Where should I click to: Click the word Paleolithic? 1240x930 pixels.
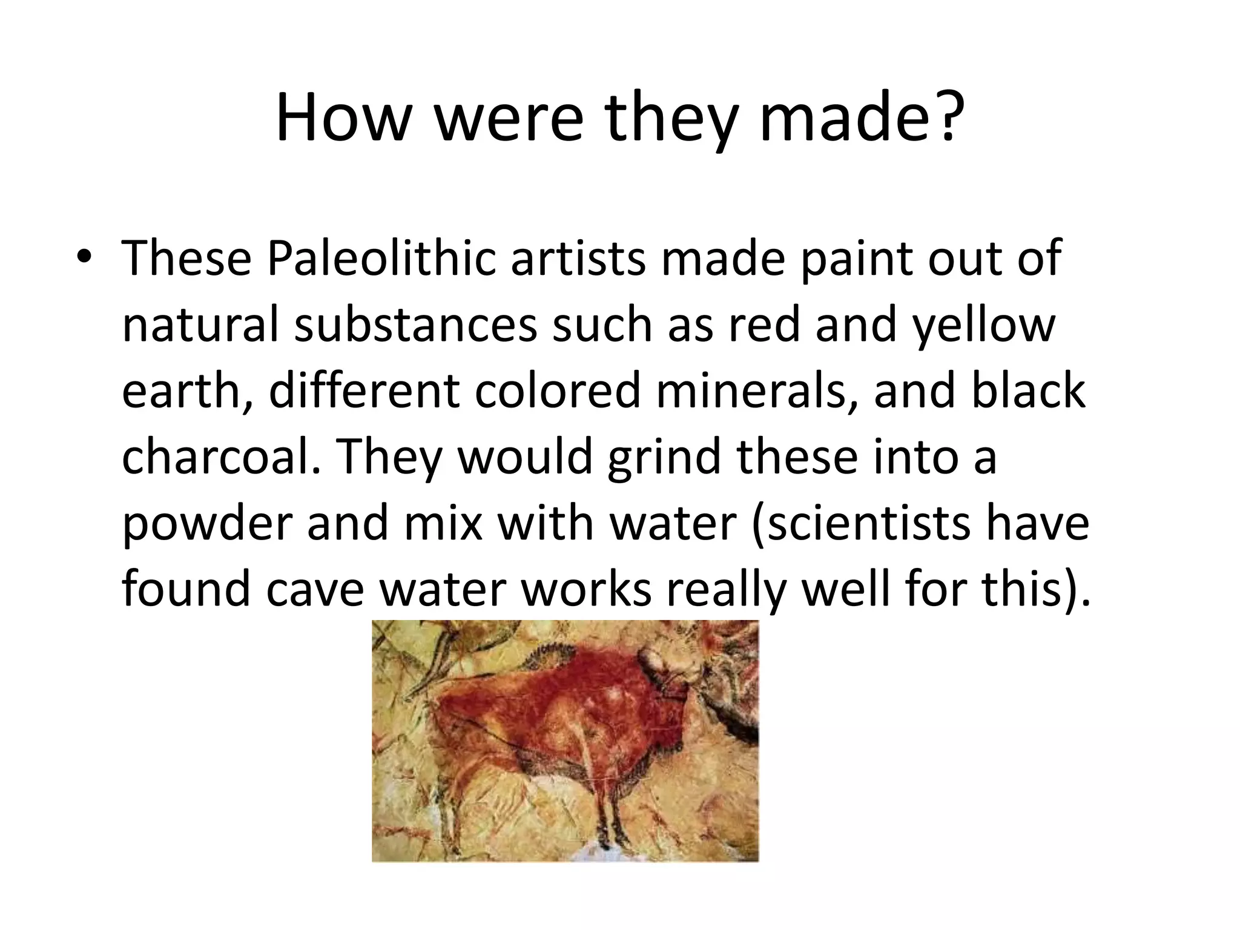pos(380,259)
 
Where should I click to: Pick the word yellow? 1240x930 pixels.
pos(983,325)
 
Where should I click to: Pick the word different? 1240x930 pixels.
pos(363,391)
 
